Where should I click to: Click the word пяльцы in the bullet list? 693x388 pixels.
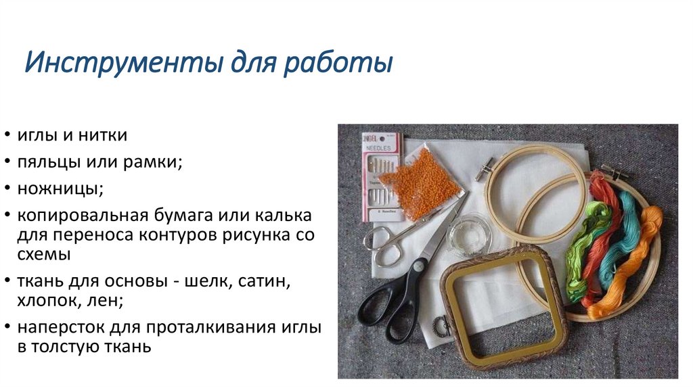tap(47, 162)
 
